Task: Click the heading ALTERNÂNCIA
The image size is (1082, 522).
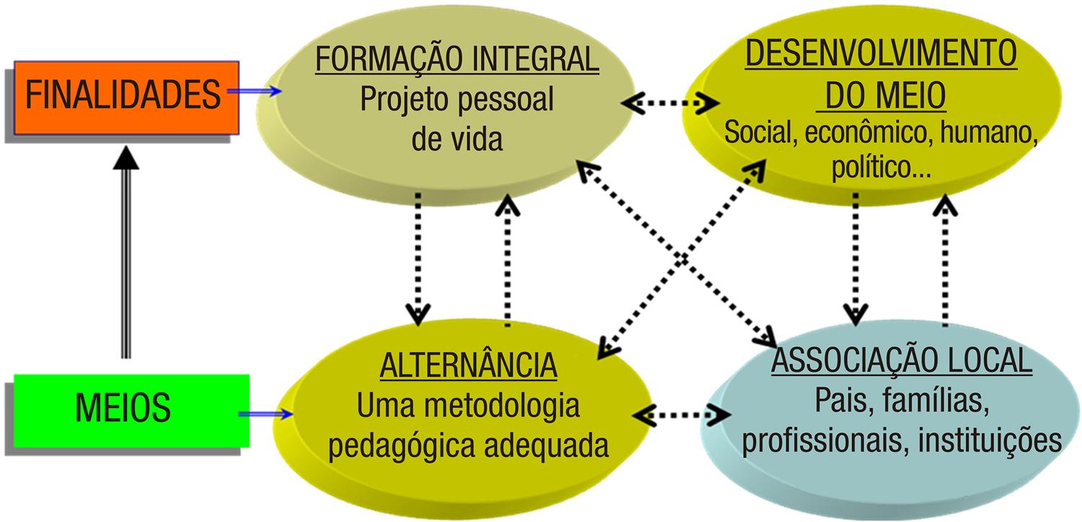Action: click(468, 366)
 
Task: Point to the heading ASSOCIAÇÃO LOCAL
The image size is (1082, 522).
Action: click(902, 361)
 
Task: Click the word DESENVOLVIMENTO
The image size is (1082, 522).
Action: click(881, 53)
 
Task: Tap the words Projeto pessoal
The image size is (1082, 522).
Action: click(457, 100)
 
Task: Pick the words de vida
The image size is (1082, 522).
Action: click(457, 139)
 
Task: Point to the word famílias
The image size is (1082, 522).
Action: click(933, 401)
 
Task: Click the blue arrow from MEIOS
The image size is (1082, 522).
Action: click(265, 414)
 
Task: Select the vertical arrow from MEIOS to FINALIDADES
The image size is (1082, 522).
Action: click(126, 253)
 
